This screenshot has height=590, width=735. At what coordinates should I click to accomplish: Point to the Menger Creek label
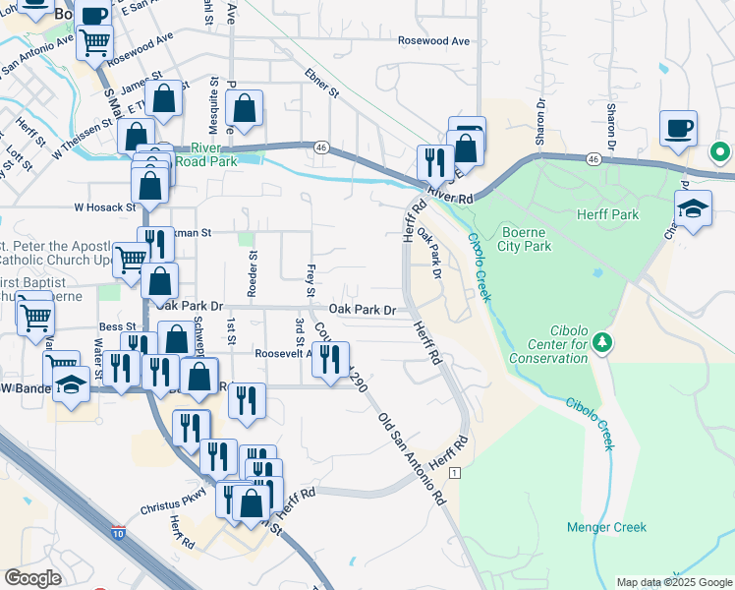click(606, 528)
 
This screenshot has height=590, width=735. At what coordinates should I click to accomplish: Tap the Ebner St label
click(321, 83)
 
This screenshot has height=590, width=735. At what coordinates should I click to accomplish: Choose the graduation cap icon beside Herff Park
click(693, 208)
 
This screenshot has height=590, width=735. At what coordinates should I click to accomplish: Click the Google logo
click(33, 578)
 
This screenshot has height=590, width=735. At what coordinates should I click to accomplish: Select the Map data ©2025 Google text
click(673, 582)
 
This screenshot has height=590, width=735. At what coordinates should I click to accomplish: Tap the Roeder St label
click(253, 273)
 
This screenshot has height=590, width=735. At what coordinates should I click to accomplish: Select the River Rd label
click(451, 198)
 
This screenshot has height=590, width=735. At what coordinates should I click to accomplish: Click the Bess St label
click(116, 326)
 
